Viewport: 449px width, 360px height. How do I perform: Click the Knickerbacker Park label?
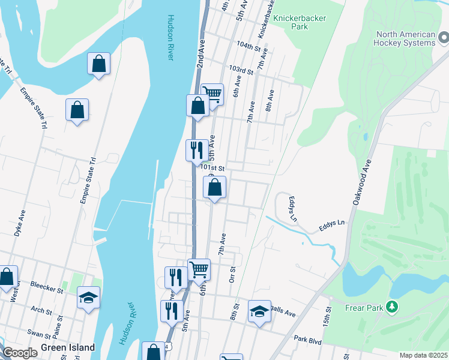coord(300,22)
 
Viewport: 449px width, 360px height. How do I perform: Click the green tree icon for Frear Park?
coord(392,307)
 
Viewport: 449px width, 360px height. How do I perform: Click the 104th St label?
coord(249,46)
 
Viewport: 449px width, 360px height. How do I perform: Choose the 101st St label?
coord(212,169)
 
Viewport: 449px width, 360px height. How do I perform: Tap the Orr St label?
coord(232,274)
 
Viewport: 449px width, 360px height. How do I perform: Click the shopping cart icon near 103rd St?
coord(212,94)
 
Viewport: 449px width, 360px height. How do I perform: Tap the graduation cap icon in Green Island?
coord(88,297)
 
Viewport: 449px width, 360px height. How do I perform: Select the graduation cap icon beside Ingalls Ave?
coord(259,311)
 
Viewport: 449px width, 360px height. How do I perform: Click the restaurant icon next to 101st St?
coord(197,150)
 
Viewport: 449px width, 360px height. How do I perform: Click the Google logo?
coord(19,353)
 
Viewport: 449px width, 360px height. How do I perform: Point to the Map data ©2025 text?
coord(423,355)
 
